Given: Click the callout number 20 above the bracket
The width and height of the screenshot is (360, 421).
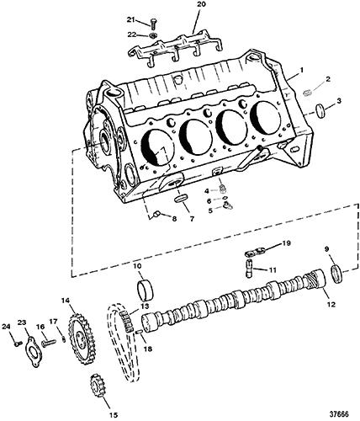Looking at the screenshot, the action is coord(201,4).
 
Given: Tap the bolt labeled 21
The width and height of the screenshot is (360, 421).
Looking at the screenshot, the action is coord(153,24).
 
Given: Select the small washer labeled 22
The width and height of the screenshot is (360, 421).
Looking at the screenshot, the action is coord(153,35).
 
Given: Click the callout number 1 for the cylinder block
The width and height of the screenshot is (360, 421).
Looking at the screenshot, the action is coord(302,69).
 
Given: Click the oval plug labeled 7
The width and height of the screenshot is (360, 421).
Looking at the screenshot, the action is coord(180,199).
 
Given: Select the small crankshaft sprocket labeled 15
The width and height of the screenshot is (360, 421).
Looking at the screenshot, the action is coord(96,386).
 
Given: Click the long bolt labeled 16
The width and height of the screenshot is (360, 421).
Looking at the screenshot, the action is coord(48,343).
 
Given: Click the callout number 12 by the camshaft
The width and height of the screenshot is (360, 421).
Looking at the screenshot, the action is coord(331,305).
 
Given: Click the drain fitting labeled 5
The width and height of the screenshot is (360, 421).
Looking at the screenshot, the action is coord(227,205).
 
